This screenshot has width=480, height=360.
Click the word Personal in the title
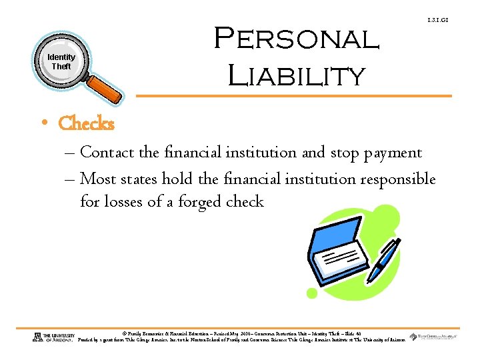pos(296,40)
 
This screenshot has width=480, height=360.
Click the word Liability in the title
pos(296,75)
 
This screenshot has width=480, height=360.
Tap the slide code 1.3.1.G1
pos(438,21)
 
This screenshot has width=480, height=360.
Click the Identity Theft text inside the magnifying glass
pos(61,62)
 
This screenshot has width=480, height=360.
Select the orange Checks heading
pos(86,124)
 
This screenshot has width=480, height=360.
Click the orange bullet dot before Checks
pos(43,124)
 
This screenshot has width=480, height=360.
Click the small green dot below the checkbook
pos(311,293)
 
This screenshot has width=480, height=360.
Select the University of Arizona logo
pos(53,337)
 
